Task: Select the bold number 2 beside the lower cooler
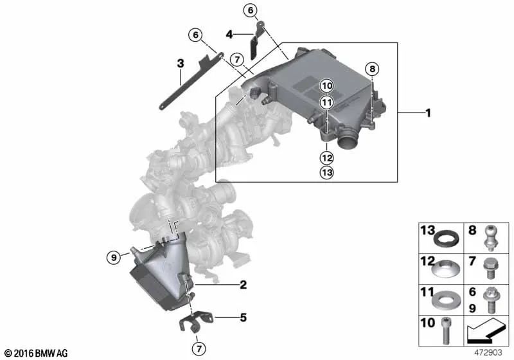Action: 244,284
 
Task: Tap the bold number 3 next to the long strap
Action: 181,63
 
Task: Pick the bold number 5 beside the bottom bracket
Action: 244,317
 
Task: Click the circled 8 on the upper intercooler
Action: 373,69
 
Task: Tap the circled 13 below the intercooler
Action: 327,173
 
